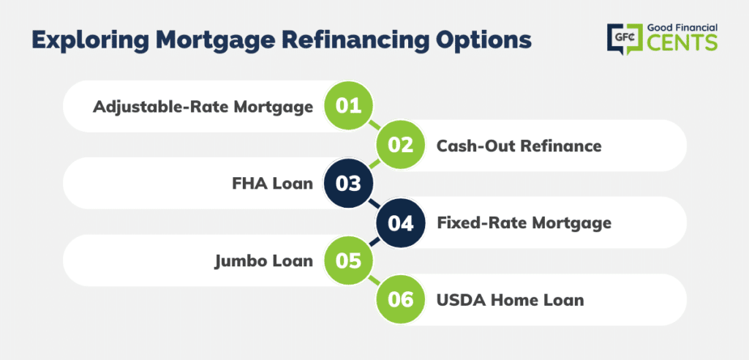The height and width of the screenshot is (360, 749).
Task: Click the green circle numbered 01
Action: pos(347,106)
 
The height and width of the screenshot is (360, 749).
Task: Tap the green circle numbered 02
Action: pos(400,146)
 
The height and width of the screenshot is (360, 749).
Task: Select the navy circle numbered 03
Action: pos(347,184)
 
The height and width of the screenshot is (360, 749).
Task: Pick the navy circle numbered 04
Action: pos(400,223)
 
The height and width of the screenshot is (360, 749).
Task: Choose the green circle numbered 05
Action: pos(347,261)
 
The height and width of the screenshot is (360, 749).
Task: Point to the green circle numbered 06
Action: pos(400,300)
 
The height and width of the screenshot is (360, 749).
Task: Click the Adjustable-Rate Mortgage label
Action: pos(203,107)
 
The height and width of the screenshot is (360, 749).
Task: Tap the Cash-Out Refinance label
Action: pos(519,146)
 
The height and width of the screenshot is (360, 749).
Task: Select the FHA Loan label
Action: pos(273,184)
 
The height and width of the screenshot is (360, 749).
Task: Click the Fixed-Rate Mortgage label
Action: pos(524,223)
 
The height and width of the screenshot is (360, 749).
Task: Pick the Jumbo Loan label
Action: pos(263,261)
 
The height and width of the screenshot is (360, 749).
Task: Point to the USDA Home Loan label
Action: pos(510,300)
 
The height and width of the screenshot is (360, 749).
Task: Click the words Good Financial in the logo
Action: pos(682,28)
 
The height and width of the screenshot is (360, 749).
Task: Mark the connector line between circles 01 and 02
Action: pos(374,126)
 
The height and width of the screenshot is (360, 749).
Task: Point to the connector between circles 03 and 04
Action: pos(374,203)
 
